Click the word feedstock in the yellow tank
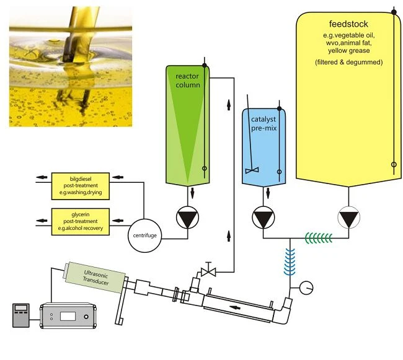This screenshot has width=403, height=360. pyautogui.click(x=348, y=24)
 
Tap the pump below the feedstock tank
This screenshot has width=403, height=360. pyautogui.click(x=348, y=217)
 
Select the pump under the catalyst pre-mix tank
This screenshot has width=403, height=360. pyautogui.click(x=263, y=217)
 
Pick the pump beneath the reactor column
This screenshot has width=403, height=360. pyautogui.click(x=188, y=217)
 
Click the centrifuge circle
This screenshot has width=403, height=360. pyautogui.click(x=144, y=235)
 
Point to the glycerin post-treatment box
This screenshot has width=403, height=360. pyautogui.click(x=81, y=222)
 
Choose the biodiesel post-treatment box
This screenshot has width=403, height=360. pyautogui.click(x=81, y=186)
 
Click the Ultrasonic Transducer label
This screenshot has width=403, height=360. pyautogui.click(x=95, y=278)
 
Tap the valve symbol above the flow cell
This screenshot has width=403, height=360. pyautogui.click(x=208, y=271)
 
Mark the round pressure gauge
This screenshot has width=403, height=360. pyautogui.click(x=306, y=288)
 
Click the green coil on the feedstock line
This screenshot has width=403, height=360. pyautogui.click(x=319, y=238)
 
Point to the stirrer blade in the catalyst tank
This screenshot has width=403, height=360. pyautogui.click(x=252, y=170)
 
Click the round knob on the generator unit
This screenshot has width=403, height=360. pyautogui.click(x=86, y=317)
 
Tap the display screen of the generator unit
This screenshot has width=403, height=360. pyautogui.click(x=68, y=317)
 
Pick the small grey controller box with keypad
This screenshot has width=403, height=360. pyautogui.click(x=21, y=315)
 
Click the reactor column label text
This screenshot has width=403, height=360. pyautogui.click(x=188, y=81)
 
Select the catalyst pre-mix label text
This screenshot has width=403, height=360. pyautogui.click(x=263, y=123)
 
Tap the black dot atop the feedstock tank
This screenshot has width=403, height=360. pyautogui.click(x=394, y=12)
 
